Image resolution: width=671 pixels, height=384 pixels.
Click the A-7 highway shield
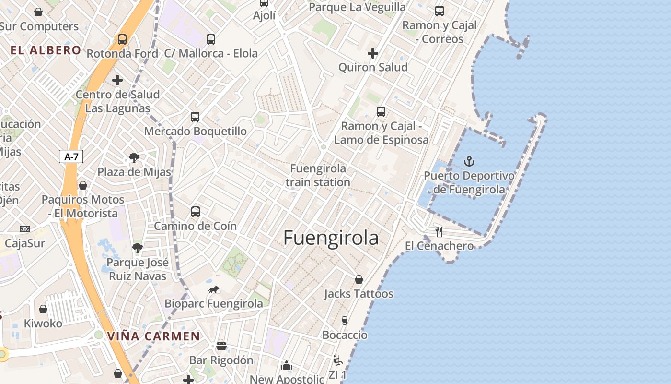(71, 156)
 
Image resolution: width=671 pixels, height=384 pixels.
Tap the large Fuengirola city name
(331, 238)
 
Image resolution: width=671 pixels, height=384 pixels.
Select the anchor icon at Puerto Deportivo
(469, 161)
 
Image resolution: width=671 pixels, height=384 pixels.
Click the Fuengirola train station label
(318, 175)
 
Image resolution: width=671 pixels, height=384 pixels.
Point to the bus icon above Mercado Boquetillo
(195, 117)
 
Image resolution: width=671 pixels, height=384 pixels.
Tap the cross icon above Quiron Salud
(373, 53)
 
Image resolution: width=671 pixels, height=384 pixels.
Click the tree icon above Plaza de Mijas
(134, 158)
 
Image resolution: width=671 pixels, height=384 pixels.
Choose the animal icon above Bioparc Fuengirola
(214, 289)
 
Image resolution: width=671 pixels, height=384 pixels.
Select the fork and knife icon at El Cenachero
(439, 231)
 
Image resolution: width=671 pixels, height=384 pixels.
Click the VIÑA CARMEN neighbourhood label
(153, 336)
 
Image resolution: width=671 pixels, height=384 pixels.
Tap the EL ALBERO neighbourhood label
(46, 50)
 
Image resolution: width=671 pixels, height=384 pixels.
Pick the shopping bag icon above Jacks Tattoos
(359, 279)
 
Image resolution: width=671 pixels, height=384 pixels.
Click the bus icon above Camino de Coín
(195, 211)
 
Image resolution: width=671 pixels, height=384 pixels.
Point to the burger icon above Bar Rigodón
(221, 346)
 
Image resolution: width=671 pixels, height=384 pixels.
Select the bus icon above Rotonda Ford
(122, 39)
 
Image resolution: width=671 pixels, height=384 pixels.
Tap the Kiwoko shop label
(43, 323)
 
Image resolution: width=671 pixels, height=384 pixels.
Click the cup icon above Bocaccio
(344, 321)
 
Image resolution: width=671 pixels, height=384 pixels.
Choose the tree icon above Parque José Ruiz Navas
(138, 248)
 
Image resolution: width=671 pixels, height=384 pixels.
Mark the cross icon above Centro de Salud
(117, 80)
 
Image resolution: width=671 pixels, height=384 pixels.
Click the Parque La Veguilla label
(357, 7)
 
